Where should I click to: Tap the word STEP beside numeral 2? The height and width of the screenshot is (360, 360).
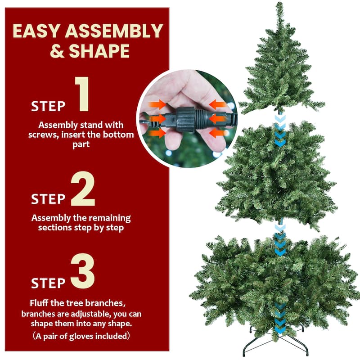[48, 199]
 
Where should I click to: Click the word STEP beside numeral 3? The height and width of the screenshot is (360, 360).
[48, 283]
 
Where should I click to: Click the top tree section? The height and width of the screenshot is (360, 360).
[280, 72]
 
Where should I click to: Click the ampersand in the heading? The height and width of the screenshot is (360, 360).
[57, 51]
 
